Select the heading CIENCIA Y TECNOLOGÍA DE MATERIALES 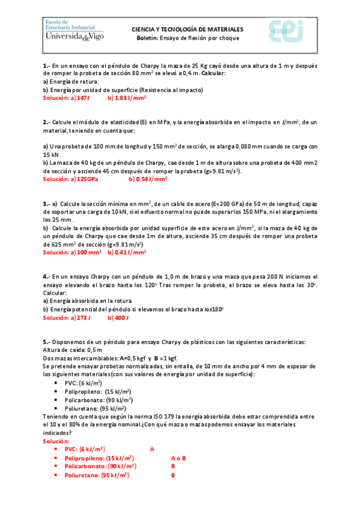188,29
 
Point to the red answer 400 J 121,318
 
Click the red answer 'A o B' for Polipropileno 178,458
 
